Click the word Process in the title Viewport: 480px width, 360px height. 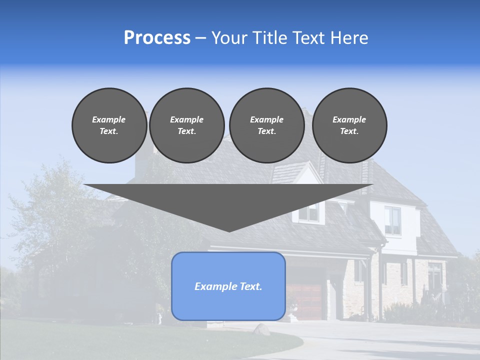click(x=157, y=38)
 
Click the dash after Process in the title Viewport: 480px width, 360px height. click(x=200, y=38)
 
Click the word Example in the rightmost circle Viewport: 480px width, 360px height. click(x=349, y=119)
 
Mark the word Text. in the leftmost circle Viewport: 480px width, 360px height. click(x=109, y=131)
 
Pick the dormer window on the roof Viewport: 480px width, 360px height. click(x=309, y=213)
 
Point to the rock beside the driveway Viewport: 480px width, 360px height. click(x=261, y=329)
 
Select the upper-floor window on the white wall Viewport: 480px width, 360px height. click(x=392, y=220)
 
